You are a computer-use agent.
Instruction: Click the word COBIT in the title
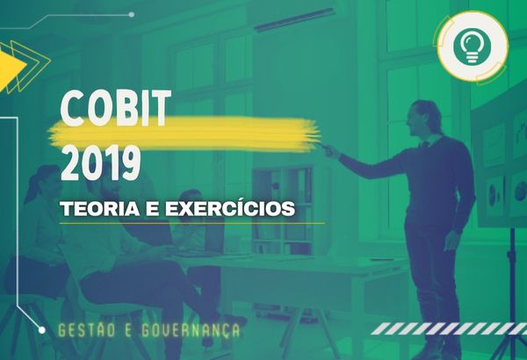tap(116, 108)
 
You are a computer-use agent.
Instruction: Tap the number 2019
tap(100, 162)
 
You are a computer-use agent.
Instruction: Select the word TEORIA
tap(100, 209)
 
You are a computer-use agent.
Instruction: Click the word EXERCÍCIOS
tap(230, 208)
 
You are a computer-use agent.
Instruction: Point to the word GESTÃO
tap(87, 330)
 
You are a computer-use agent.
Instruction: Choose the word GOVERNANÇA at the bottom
tap(191, 330)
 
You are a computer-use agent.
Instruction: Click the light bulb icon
tap(472, 47)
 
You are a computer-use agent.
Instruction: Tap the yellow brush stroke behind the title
tap(184, 134)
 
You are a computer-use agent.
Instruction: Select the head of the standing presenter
tap(423, 118)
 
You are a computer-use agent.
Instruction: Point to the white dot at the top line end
tap(132, 14)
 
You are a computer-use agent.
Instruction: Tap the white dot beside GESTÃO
tap(41, 330)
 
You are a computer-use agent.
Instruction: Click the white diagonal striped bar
tap(450, 328)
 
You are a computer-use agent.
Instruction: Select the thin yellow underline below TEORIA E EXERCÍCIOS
tap(192, 223)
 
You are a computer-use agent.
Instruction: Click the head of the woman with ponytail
tap(47, 182)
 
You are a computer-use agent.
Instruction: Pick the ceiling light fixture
tap(294, 19)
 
